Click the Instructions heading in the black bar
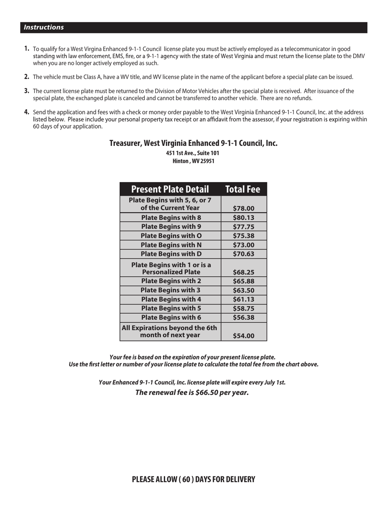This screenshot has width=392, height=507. [44, 28]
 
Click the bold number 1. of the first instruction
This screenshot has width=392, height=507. [27, 49]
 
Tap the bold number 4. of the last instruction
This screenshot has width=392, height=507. [27, 112]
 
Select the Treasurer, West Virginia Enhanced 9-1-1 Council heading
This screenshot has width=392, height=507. [193, 143]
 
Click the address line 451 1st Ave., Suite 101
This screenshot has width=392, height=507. [193, 153]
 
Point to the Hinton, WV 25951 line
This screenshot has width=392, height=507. [193, 161]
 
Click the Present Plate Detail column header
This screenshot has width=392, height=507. [170, 189]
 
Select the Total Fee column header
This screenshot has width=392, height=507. [243, 189]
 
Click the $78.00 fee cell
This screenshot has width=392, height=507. [243, 209]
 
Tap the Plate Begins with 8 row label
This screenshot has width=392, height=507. [171, 217]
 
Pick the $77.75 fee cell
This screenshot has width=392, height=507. [243, 227]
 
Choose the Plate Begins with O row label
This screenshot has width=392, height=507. [171, 236]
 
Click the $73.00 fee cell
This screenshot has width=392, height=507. [243, 245]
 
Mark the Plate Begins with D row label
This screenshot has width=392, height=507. [171, 254]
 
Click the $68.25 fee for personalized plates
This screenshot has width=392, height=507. [243, 272]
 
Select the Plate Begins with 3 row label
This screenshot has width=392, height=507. [171, 290]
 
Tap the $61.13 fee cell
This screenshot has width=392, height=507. [243, 299]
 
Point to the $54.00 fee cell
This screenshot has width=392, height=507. [243, 336]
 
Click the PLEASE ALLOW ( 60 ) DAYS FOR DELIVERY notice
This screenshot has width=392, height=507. [193, 479]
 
